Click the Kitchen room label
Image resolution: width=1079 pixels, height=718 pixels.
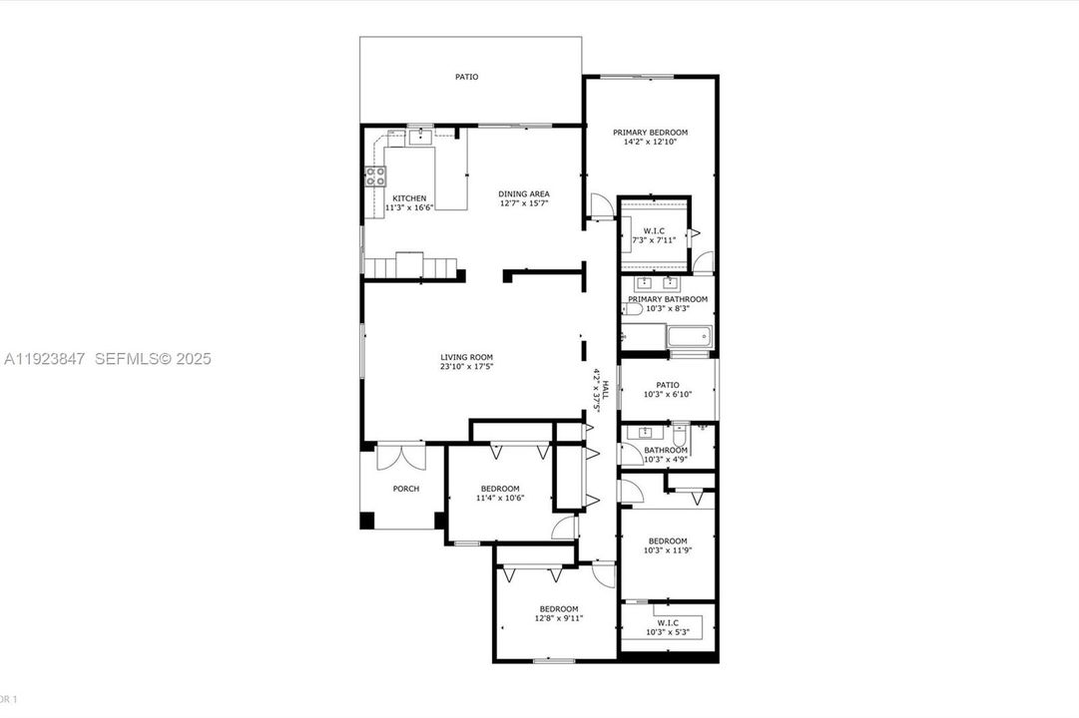409,198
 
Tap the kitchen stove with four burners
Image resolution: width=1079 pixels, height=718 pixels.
375,177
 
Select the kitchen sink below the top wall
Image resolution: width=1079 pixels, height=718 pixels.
420,137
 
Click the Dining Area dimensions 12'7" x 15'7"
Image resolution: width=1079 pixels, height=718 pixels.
524,203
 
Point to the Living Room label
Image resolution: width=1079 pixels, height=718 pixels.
466,357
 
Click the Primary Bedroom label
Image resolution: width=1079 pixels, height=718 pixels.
650,132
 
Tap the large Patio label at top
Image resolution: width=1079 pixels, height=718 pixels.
466,77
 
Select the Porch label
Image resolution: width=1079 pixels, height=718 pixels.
406,489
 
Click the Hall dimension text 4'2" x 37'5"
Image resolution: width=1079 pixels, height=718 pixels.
597,390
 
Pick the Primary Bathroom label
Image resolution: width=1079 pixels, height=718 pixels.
668,299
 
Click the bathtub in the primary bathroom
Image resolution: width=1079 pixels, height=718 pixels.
688,338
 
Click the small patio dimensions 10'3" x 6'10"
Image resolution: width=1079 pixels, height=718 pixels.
668,395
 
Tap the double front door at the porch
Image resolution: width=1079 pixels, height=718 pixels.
401,456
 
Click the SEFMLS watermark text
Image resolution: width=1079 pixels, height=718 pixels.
153,358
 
